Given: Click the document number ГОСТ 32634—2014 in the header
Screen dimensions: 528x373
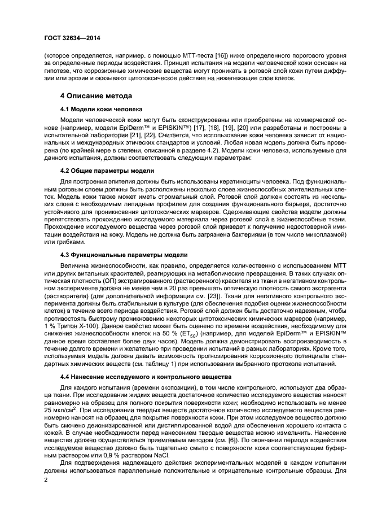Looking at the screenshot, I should click(x=69, y=38).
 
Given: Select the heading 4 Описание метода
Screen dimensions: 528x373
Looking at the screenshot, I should click(x=96, y=95).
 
